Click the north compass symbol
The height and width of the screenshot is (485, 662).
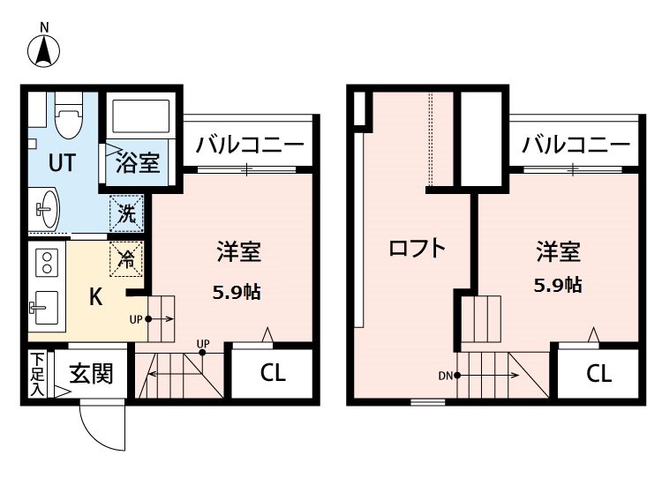pos(43,51)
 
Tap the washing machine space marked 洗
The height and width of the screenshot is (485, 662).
pos(126,214)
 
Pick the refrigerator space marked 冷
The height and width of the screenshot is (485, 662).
pos(127,258)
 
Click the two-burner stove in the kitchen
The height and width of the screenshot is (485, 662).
pos(46,261)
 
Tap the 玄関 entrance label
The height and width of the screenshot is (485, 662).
pos(92,374)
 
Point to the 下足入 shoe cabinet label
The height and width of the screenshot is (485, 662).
pos(38,373)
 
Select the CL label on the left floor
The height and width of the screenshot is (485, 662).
pos(273,373)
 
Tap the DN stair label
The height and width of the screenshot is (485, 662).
pos(445,375)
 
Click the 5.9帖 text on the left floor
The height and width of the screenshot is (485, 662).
pos(237,292)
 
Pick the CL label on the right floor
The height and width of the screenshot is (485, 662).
pos(598,373)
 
